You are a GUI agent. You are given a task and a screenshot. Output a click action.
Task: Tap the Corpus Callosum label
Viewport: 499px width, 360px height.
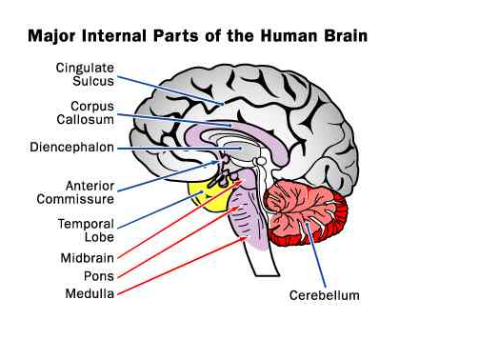point(88,113)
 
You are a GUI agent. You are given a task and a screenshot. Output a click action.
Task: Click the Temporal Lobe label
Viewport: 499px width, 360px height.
point(87,231)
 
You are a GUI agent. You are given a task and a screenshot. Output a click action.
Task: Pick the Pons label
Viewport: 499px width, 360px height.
point(99,276)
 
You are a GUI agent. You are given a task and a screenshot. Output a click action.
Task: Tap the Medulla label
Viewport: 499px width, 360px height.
point(90,293)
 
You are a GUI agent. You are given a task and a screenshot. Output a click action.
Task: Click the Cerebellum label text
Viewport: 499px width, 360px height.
point(325,295)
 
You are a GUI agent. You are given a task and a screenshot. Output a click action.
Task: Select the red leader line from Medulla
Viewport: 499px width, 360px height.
point(181,267)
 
